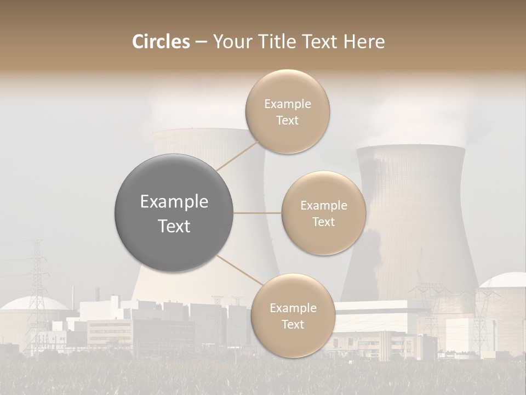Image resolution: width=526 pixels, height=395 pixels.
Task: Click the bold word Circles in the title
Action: pyautogui.click(x=161, y=42)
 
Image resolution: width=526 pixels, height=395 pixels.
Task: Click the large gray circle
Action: pyautogui.click(x=174, y=213)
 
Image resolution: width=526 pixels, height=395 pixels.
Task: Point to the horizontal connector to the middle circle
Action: pyautogui.click(x=258, y=213)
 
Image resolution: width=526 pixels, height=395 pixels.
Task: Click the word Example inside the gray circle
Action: pyautogui.click(x=174, y=202)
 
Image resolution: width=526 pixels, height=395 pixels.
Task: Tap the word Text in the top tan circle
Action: pyautogui.click(x=287, y=121)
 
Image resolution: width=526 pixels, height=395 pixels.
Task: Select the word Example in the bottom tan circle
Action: pyautogui.click(x=293, y=308)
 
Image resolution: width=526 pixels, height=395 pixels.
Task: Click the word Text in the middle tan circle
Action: pyautogui.click(x=323, y=222)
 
